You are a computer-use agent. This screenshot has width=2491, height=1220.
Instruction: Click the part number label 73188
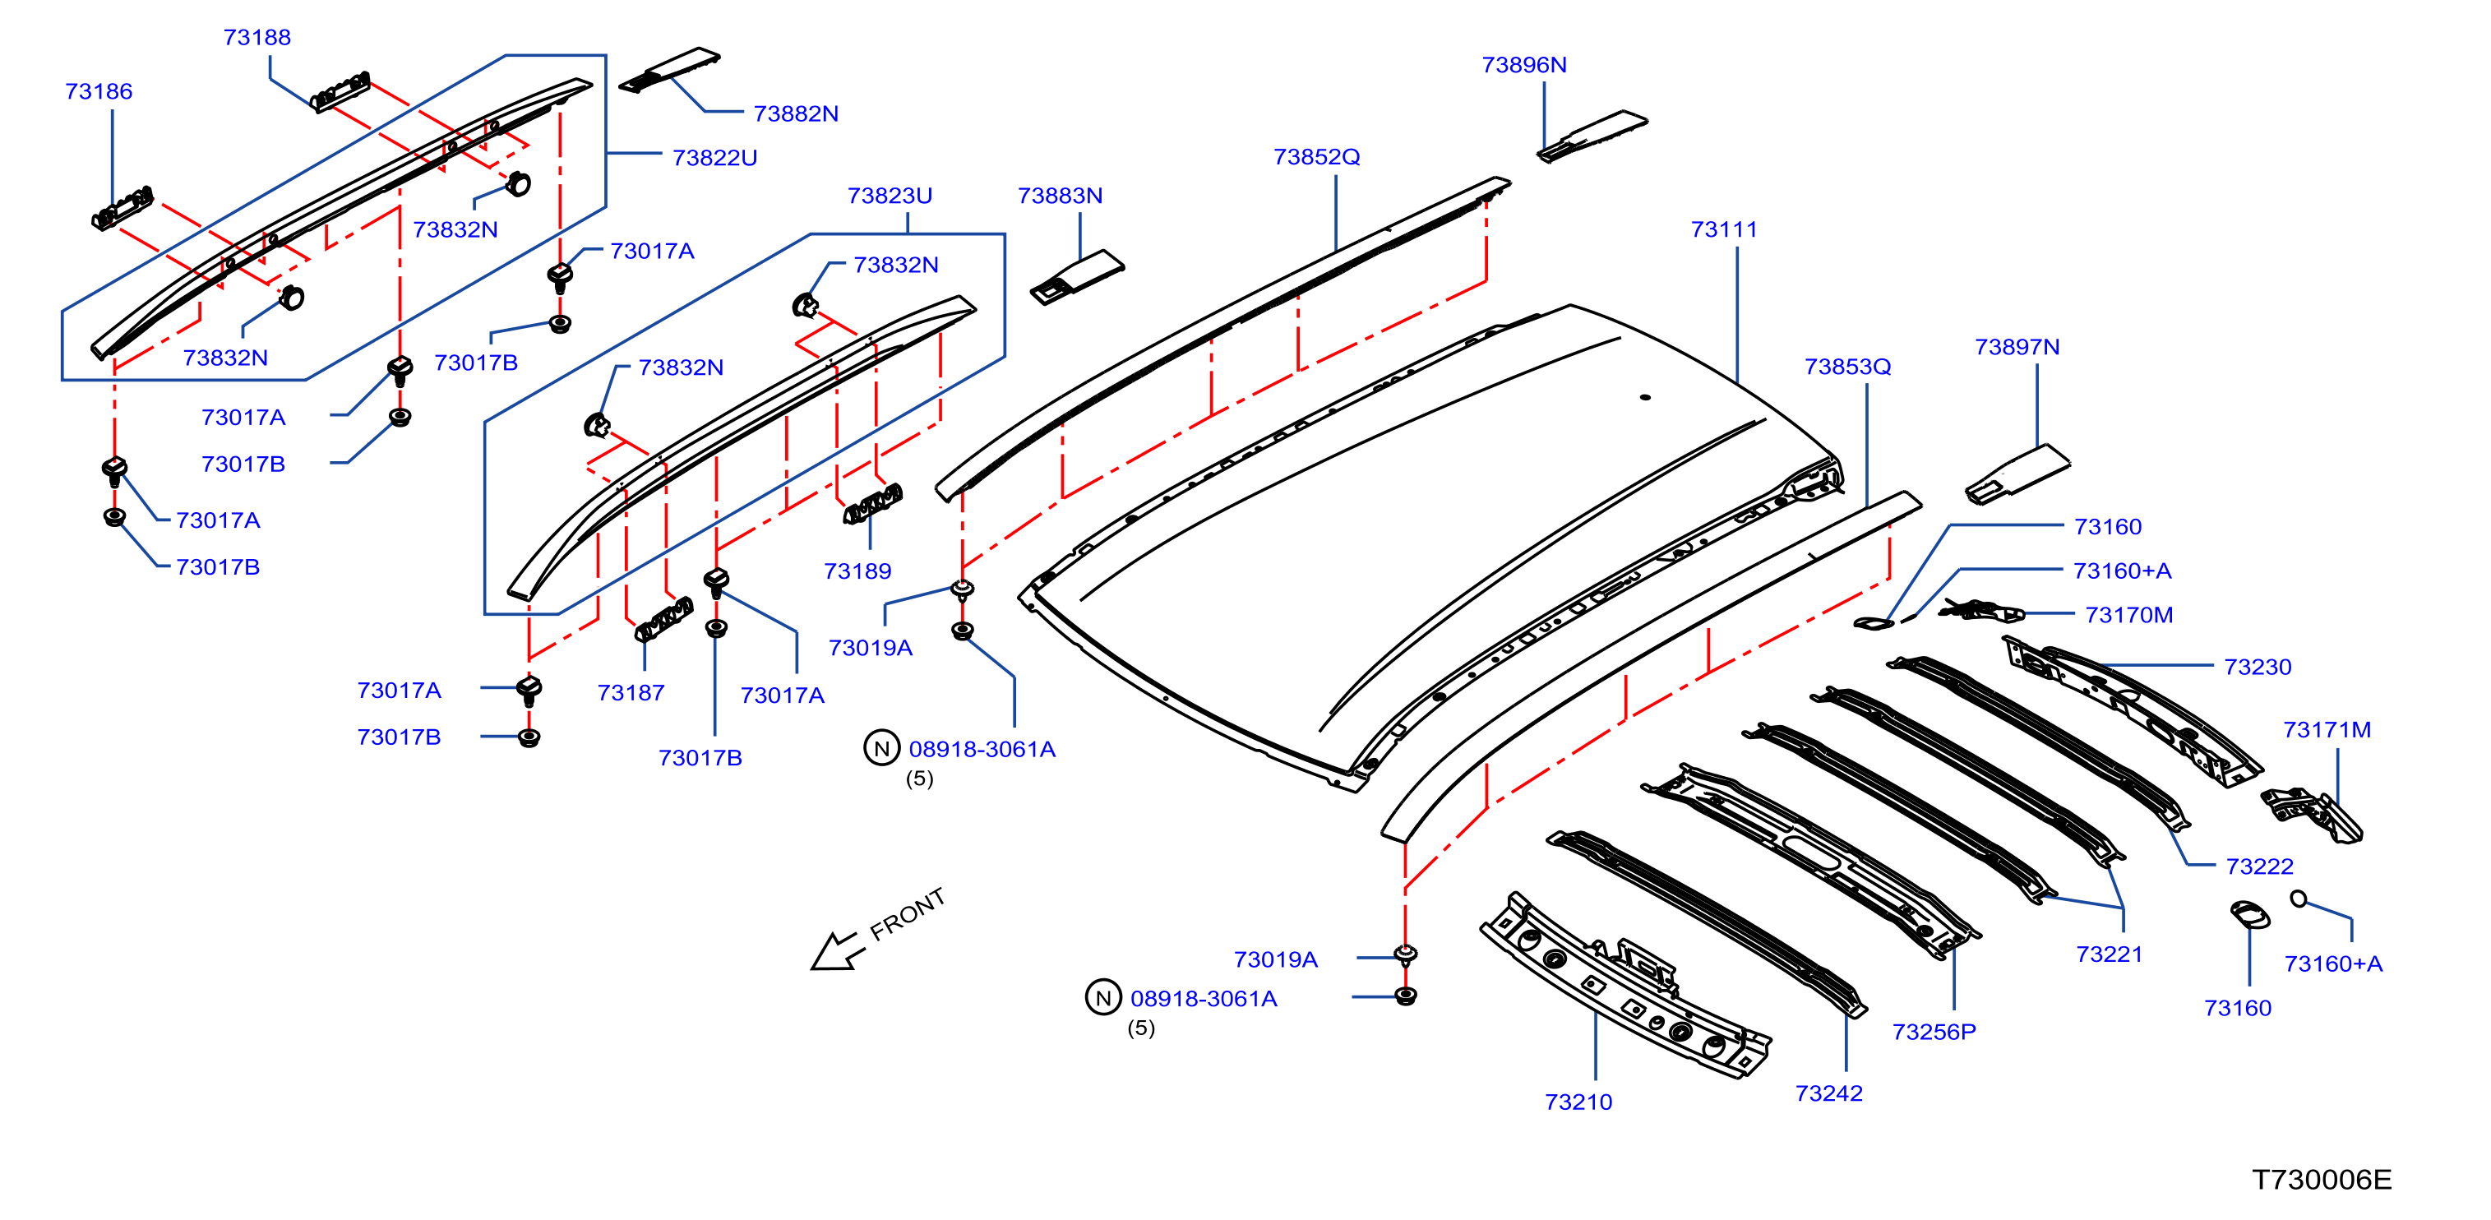coord(257,38)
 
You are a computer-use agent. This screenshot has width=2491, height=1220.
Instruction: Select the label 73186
coord(99,92)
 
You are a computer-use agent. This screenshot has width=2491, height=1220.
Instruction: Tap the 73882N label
coord(796,114)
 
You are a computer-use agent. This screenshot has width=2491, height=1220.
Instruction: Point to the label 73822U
coord(714,158)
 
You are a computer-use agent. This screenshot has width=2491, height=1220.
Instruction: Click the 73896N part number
coord(1524,65)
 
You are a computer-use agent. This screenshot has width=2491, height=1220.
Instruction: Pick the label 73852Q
coord(1316,156)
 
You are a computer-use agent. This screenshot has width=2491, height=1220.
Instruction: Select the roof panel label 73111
coord(1723,230)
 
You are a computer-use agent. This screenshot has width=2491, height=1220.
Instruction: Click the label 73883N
coord(1060,196)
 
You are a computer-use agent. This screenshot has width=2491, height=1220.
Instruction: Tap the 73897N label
coord(2017,347)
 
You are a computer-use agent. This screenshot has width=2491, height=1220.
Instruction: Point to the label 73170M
coord(2128,616)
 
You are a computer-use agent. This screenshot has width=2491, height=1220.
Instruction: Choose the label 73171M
coord(2327,731)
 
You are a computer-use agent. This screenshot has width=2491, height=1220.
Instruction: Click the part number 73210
coord(1578,1102)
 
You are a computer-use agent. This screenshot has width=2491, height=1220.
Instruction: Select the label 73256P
coord(1934,1033)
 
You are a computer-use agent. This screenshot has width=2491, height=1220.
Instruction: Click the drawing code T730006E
coord(2322,1180)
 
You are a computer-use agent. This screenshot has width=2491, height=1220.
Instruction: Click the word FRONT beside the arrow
coord(907,914)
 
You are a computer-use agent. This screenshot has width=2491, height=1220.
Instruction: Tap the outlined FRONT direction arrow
coord(834,950)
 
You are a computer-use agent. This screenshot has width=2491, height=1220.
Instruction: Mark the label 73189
coord(857,571)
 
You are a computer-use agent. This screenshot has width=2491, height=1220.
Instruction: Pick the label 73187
coord(631,693)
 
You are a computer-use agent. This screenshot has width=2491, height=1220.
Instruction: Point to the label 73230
coord(2257,667)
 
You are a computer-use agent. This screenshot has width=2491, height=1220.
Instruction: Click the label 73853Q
coord(1847,367)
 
